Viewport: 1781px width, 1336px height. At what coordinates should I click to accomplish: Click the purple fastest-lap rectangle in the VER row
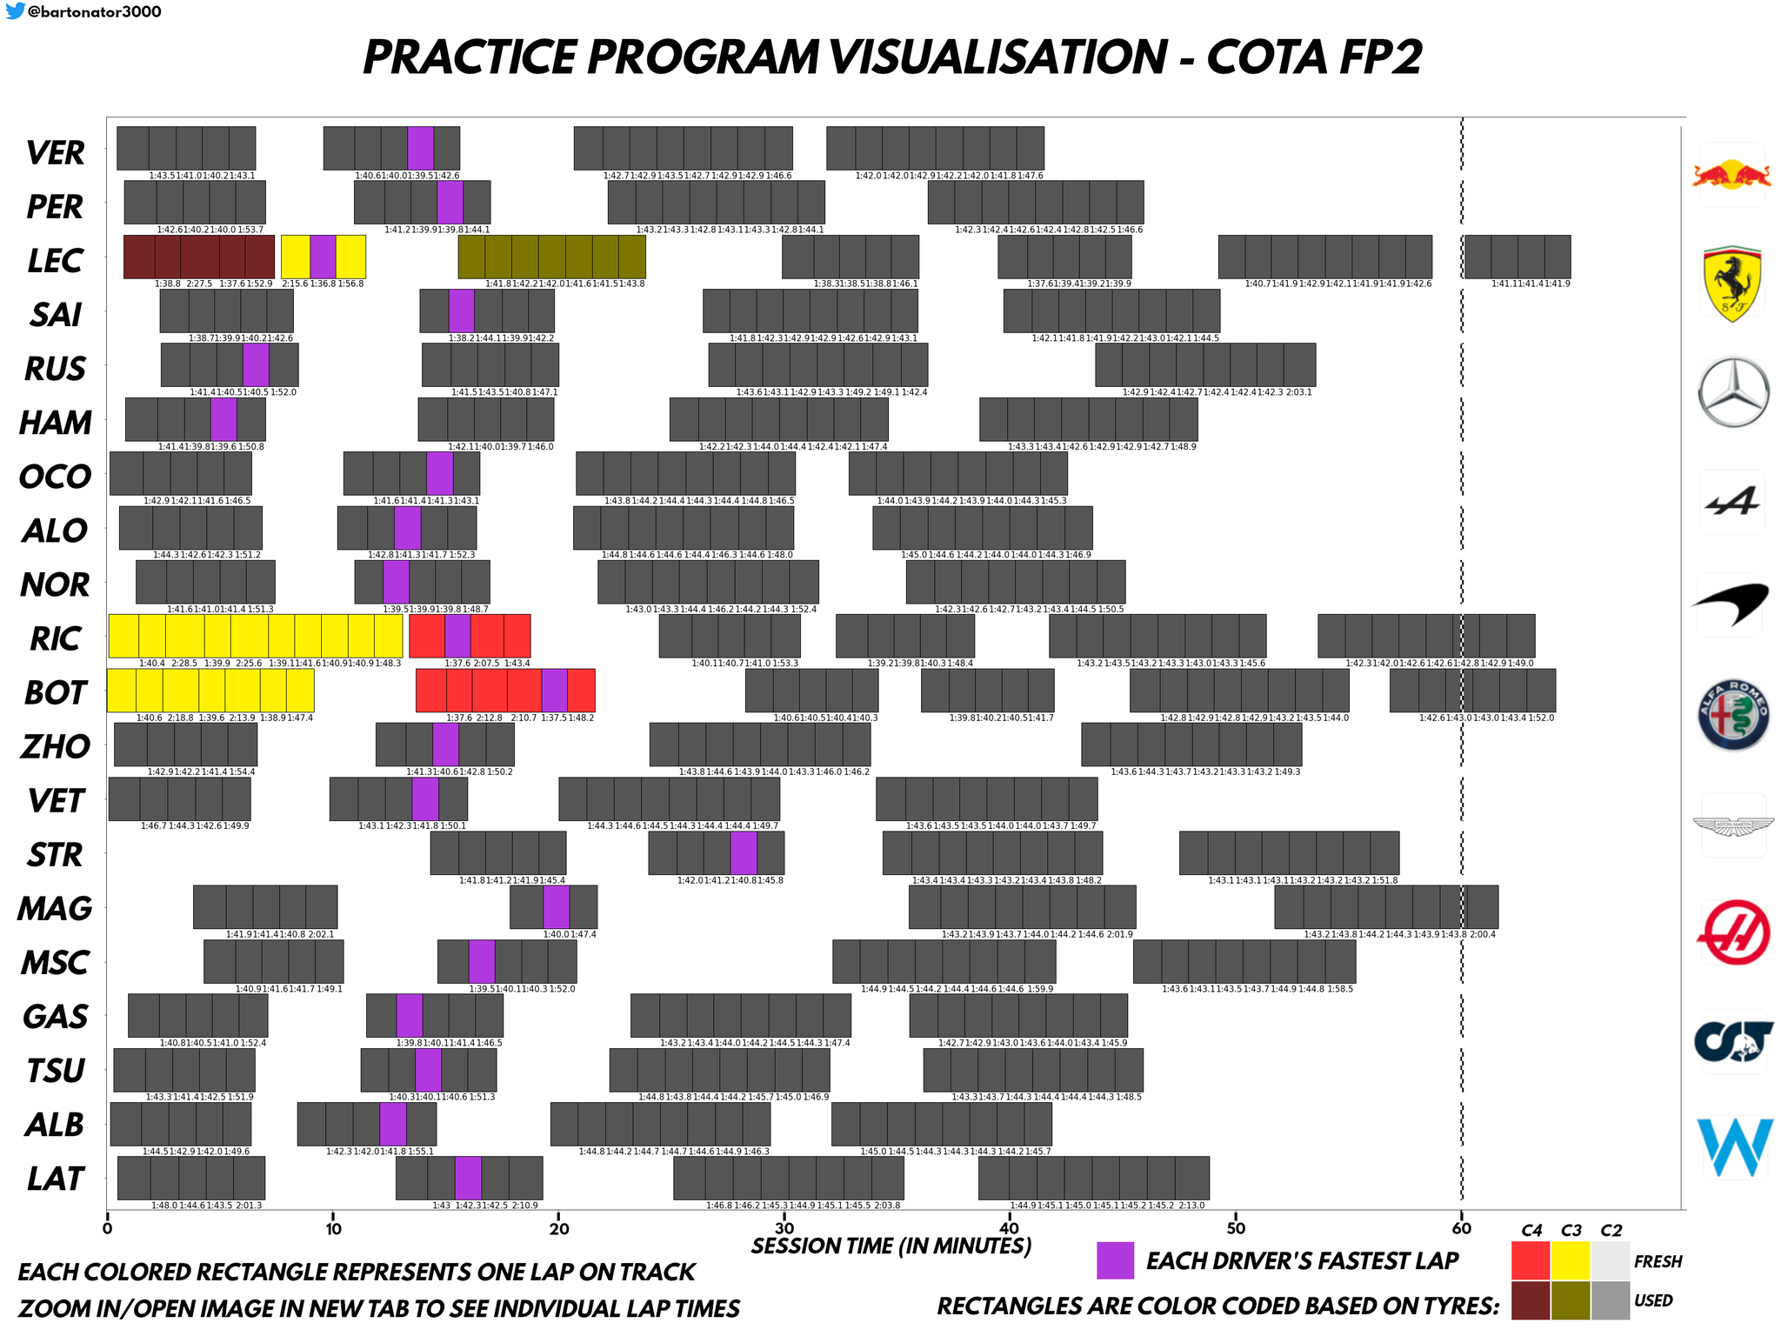421,148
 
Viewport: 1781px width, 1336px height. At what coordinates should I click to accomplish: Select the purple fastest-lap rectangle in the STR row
743,852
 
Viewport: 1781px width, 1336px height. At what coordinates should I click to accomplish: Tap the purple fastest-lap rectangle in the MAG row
557,906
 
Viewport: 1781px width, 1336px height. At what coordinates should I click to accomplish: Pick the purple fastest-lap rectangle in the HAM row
223,419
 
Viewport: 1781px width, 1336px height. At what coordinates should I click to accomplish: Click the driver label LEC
55,260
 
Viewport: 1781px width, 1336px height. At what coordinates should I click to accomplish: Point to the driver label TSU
56,1070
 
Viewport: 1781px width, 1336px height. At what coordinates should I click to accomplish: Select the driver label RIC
56,638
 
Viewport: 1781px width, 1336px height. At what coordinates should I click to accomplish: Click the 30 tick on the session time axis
784,1229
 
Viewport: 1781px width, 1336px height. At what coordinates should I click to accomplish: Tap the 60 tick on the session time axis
1462,1229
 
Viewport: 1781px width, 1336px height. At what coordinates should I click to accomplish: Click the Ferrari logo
1732,284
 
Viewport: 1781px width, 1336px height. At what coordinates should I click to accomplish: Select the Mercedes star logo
1733,391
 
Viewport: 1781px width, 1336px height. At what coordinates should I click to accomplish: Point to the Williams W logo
1735,1146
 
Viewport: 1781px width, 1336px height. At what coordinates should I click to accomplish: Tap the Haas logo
1733,932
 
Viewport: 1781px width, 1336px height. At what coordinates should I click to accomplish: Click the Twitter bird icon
15,11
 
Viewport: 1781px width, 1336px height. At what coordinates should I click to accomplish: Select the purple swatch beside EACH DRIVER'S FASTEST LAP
1115,1260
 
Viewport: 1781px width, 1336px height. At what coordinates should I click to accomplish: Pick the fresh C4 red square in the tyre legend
1531,1260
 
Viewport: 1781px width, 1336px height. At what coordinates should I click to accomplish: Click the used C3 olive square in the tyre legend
1571,1300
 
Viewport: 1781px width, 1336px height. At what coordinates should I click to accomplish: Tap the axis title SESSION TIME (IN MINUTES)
891,1246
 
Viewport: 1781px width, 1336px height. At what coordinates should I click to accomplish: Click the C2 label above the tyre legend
1611,1230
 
